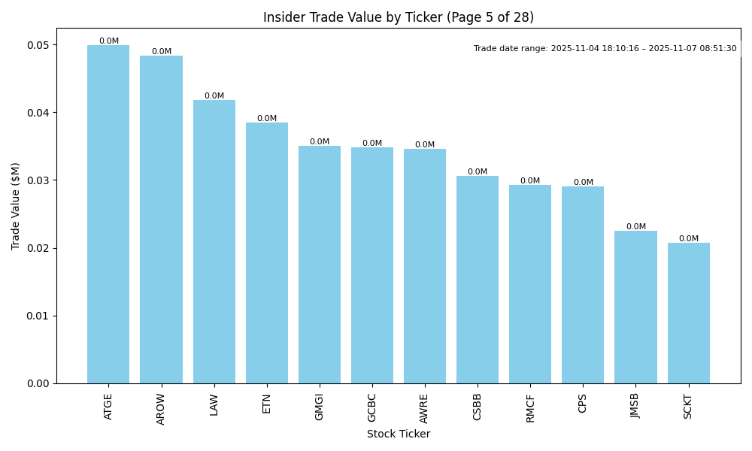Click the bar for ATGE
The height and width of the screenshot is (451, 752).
108,214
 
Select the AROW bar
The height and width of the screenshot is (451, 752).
161,219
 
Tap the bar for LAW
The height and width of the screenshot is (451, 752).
214,241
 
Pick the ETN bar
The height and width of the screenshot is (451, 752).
267,253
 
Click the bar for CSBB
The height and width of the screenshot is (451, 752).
478,280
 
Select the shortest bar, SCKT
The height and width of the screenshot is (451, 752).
688,313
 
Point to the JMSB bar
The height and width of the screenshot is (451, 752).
635,307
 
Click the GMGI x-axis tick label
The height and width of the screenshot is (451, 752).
320,407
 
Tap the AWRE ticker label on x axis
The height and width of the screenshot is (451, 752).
425,407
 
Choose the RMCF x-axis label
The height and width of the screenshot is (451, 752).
530,407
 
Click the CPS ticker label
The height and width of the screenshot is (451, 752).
583,403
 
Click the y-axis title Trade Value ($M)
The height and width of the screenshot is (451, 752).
16,206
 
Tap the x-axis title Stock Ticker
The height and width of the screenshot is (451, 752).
399,434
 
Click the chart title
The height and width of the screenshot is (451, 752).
399,17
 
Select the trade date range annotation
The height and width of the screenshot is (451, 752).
605,49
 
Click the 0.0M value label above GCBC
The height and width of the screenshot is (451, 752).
372,144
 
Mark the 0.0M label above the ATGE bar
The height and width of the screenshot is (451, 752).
108,41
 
